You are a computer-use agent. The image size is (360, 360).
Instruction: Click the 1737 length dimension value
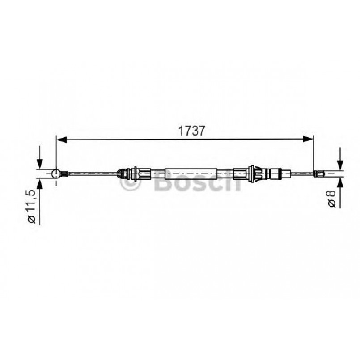click(191, 131)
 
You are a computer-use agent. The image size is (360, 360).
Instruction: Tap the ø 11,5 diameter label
click(32, 207)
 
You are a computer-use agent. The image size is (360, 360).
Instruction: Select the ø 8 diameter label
click(332, 199)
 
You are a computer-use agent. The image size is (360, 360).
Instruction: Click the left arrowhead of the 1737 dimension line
click(62, 139)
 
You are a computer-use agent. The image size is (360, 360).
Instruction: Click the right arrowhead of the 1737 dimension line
click(308, 139)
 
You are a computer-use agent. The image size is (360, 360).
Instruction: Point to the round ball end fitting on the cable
click(56, 174)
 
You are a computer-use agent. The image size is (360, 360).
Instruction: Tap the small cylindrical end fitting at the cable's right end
click(319, 174)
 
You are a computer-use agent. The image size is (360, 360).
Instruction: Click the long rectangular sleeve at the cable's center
click(191, 174)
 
